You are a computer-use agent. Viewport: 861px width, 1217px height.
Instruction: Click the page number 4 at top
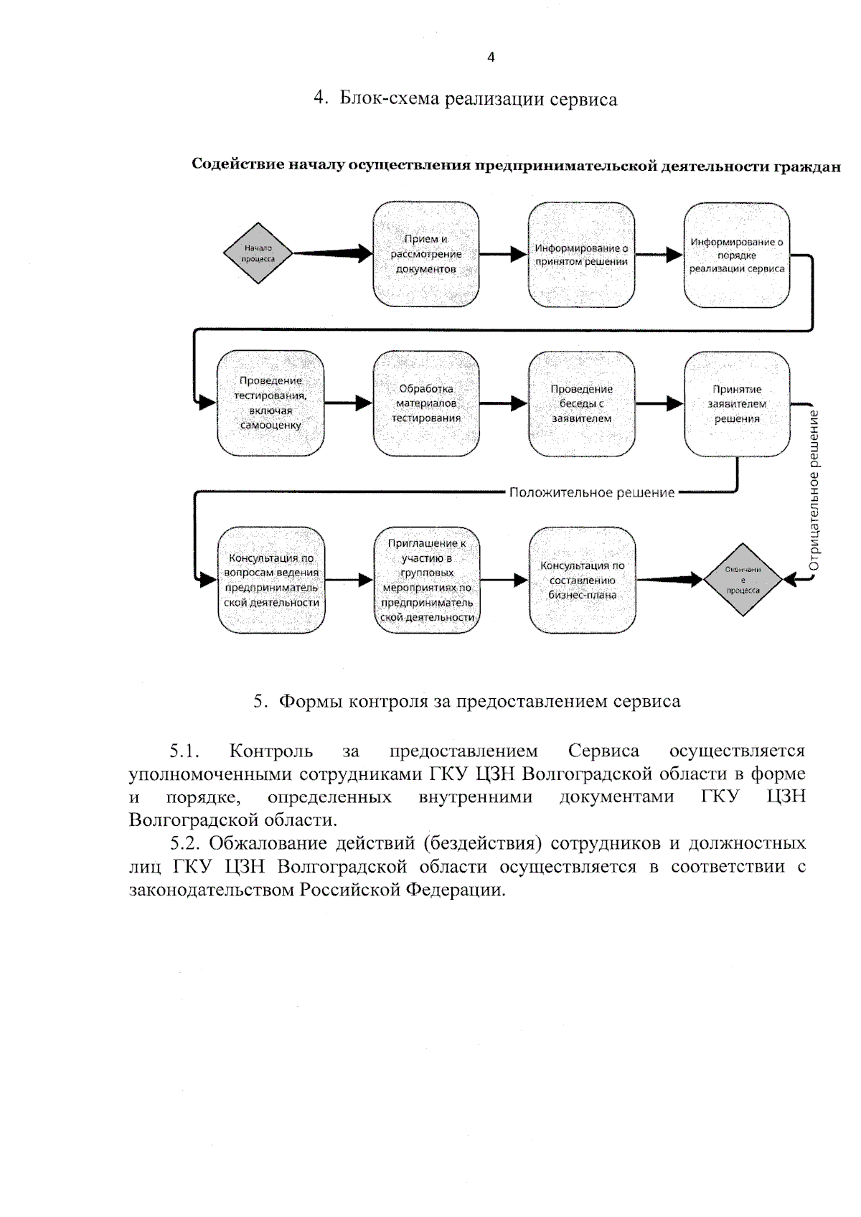(491, 57)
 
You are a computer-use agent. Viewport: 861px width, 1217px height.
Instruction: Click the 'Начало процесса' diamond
(258, 253)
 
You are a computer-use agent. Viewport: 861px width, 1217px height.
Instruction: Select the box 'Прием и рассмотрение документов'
(426, 254)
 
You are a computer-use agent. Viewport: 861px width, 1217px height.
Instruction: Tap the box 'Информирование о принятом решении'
(581, 254)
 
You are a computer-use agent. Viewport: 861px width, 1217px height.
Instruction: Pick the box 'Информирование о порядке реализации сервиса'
(737, 255)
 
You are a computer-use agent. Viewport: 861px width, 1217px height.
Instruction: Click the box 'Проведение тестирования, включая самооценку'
(270, 403)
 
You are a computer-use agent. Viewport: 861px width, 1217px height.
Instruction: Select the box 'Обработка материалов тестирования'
(426, 403)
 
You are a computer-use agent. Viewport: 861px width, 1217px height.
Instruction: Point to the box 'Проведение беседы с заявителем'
(581, 403)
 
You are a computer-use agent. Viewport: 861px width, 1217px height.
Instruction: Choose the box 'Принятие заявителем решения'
(737, 403)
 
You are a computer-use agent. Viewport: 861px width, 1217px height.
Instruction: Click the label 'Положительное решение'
(592, 492)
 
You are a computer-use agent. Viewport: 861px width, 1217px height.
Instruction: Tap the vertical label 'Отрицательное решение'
(814, 491)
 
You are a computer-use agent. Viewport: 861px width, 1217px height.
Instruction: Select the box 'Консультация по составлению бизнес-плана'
(582, 580)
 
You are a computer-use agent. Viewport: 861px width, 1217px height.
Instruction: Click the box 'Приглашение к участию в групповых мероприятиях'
(427, 580)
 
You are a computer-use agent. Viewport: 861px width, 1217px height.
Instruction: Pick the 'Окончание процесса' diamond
(743, 580)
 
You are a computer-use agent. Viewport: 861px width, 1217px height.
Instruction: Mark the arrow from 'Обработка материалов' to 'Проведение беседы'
(504, 403)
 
